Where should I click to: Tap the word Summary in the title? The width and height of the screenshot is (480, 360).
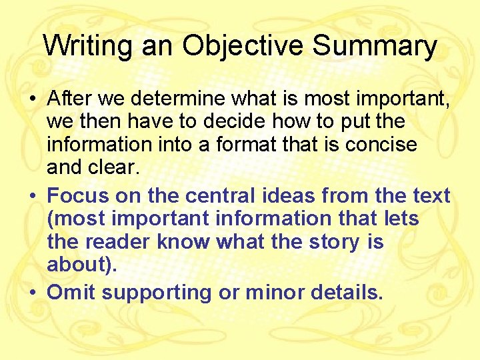pos(375,46)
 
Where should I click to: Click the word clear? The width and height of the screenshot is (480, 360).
pos(114,168)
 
